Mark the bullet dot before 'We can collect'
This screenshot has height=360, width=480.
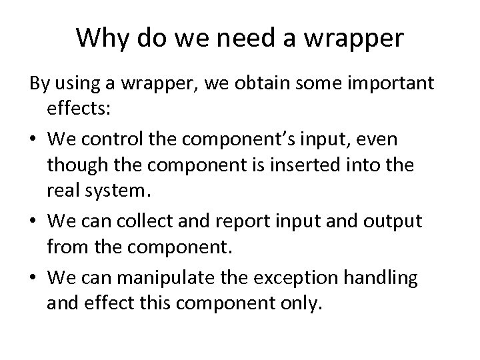pyautogui.click(x=33, y=221)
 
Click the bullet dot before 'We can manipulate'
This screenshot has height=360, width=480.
pyautogui.click(x=33, y=278)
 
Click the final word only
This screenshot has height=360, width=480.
pyautogui.click(x=303, y=305)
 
